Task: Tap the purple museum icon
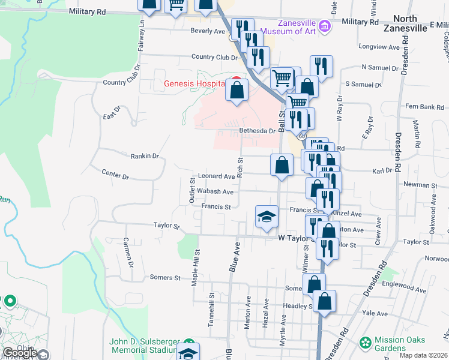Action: tap(325, 26)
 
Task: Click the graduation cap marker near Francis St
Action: tap(267, 218)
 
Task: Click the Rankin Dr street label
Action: tap(145, 156)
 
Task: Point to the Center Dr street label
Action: tap(115, 176)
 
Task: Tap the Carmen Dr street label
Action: tap(127, 252)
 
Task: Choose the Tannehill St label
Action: tap(211, 309)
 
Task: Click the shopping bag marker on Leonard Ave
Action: tap(282, 165)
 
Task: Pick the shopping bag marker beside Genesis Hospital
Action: tap(237, 91)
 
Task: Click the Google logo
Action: tap(20, 353)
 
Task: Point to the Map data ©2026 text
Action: tap(424, 355)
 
